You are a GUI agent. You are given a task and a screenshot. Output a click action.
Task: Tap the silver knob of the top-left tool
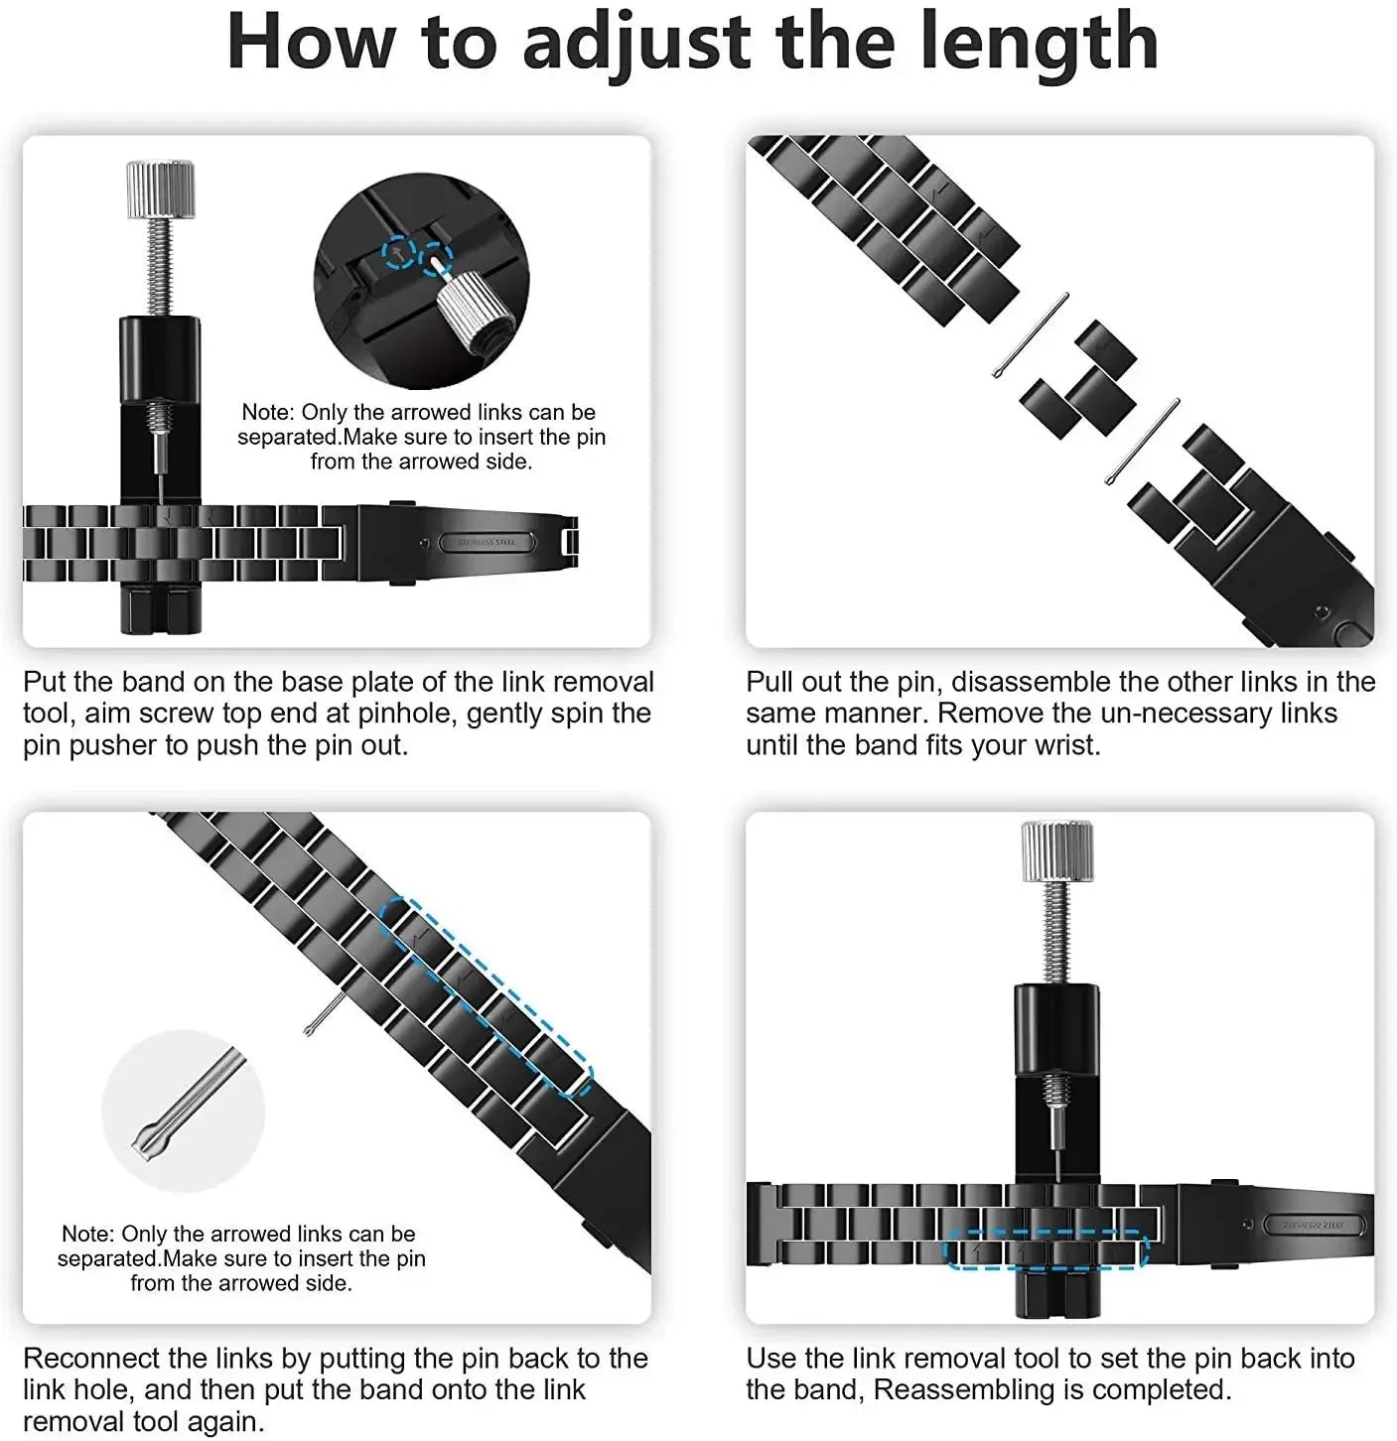160,190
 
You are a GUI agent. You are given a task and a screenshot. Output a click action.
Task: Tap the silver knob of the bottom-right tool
1057,851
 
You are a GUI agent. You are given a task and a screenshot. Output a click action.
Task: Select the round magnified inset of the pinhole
421,282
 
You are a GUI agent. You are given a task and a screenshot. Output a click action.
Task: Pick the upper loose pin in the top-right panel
1031,335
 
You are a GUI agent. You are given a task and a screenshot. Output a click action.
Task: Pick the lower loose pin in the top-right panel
1143,441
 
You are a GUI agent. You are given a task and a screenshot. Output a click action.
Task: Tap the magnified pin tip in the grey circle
184,1110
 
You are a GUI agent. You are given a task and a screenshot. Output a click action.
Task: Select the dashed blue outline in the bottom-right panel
1046,1250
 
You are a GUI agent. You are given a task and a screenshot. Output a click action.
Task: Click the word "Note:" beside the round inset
268,412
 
